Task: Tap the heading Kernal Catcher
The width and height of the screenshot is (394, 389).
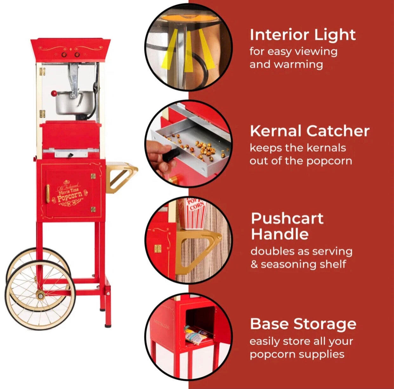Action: click(x=310, y=131)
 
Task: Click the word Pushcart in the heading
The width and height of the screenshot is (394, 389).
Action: click(x=287, y=218)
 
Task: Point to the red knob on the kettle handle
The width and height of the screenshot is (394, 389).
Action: click(x=54, y=93)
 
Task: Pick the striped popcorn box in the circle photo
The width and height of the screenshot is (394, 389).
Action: click(x=193, y=213)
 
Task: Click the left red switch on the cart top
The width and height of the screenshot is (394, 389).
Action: click(x=64, y=55)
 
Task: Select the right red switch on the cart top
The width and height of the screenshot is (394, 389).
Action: click(x=77, y=55)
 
